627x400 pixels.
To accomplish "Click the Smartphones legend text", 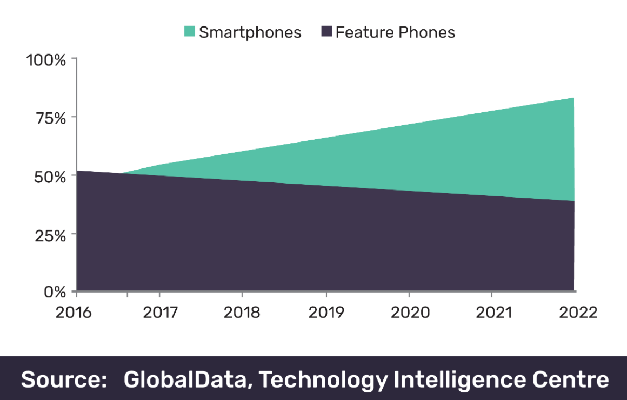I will pyautogui.click(x=250, y=32).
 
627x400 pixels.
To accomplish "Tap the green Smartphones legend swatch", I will pyautogui.click(x=189, y=32).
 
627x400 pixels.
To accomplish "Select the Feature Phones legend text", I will pyautogui.click(x=395, y=32).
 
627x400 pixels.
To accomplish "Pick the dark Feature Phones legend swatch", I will pyautogui.click(x=326, y=32).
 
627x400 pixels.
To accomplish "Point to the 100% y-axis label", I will pyautogui.click(x=46, y=59).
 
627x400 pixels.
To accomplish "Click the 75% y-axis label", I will pyautogui.click(x=50, y=118).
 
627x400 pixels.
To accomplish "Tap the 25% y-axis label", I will pyautogui.click(x=50, y=235).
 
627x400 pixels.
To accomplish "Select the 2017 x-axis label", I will pyautogui.click(x=159, y=313).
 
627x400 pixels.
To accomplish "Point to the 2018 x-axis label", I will pyautogui.click(x=242, y=313).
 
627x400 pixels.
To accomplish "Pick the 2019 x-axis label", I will pyautogui.click(x=326, y=313).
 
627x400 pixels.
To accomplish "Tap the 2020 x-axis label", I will pyautogui.click(x=409, y=313).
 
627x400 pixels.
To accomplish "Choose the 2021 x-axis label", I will pyautogui.click(x=491, y=313).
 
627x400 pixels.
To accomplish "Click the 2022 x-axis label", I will pyautogui.click(x=575, y=313).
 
